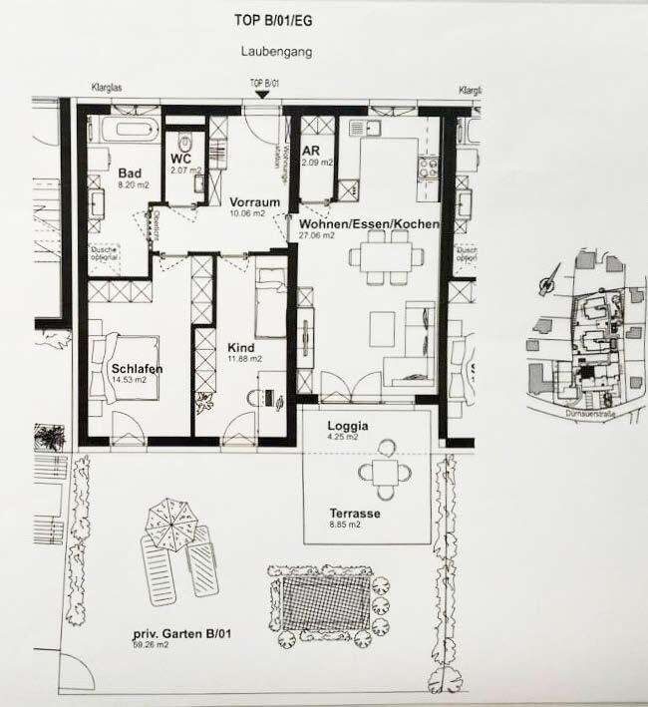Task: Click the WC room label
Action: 180,159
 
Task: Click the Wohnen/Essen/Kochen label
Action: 363,225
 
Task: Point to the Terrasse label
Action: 355,515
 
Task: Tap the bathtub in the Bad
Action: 124,130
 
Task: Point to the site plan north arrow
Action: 544,282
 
